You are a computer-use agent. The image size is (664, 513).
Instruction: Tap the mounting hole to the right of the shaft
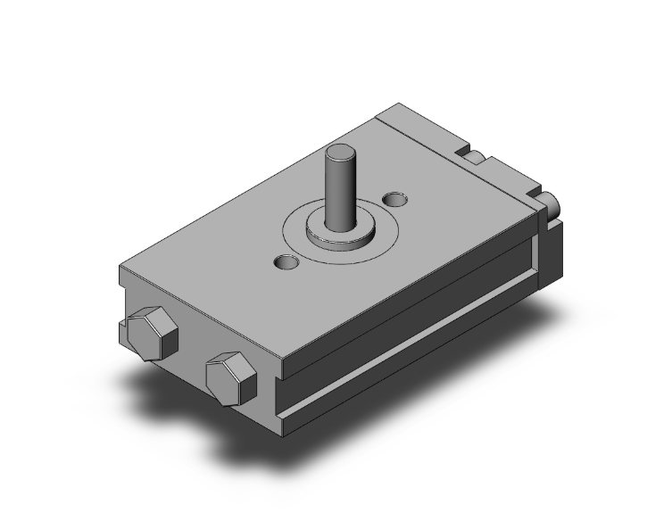[x=392, y=196]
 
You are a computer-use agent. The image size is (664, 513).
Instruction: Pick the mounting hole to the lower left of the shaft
[x=286, y=262]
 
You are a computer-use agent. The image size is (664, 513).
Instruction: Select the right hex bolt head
[x=230, y=375]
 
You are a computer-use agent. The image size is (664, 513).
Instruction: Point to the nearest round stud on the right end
[x=547, y=203]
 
